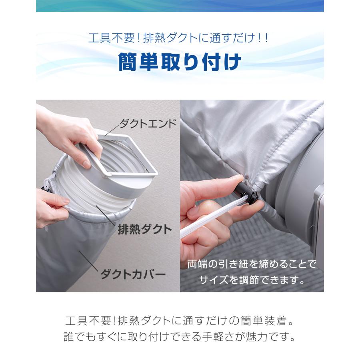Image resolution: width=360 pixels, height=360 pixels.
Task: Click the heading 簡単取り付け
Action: pos(180,62)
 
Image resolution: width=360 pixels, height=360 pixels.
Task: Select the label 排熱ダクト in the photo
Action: pos(144,229)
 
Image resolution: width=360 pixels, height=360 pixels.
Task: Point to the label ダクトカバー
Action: pos(133,274)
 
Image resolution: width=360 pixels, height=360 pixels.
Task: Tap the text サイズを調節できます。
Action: pos(252,279)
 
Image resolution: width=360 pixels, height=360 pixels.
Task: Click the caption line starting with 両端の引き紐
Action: pos(252,264)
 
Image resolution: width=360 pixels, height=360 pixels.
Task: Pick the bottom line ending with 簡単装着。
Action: pos(180,321)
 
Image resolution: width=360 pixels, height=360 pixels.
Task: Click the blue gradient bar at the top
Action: pos(180,6)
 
